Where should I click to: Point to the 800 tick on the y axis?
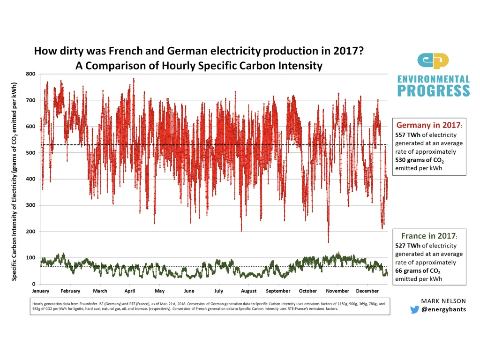tap(31, 74)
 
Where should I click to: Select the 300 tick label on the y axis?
tap(31, 205)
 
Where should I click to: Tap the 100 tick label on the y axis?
tap(31, 258)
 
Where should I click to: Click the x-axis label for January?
tap(40, 291)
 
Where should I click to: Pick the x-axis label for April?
tap(130, 291)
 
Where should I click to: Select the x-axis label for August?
tap(248, 291)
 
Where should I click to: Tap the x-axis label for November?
tap(337, 291)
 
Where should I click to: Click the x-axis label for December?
tap(367, 291)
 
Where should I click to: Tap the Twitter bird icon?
tap(414, 309)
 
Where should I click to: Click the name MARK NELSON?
tap(443, 301)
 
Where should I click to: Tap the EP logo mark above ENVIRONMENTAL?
tap(433, 61)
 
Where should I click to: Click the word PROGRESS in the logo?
tap(433, 91)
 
